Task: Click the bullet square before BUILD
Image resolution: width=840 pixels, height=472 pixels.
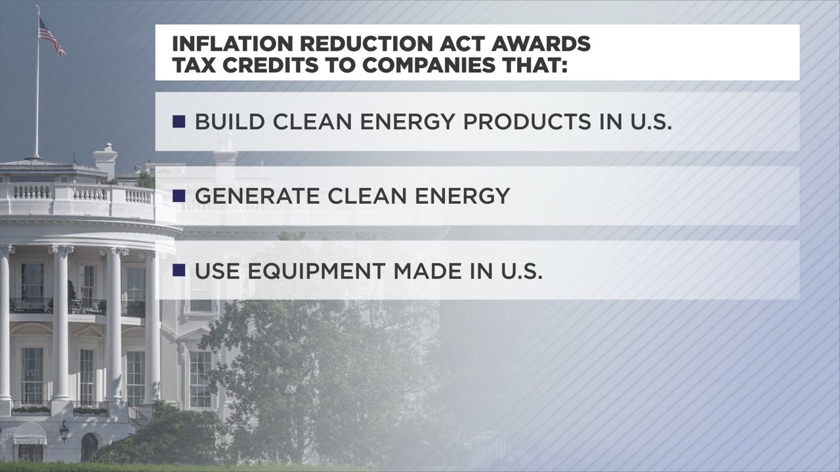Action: [178, 122]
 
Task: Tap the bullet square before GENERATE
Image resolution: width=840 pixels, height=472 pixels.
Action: [178, 196]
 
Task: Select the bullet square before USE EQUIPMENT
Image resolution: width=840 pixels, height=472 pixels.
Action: [178, 270]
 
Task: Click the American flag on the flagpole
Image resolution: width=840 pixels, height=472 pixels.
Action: [52, 36]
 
